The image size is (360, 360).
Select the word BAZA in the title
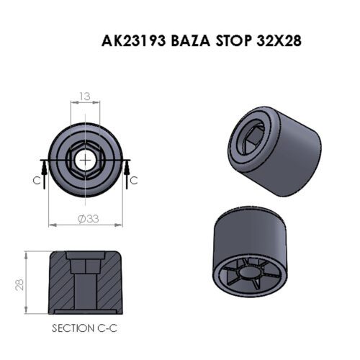(x=191, y=40)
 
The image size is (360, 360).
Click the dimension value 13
(x=85, y=96)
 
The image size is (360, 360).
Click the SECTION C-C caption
(x=86, y=328)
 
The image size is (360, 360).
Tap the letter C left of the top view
(x=37, y=181)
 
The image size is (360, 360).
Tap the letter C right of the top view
(x=133, y=181)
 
